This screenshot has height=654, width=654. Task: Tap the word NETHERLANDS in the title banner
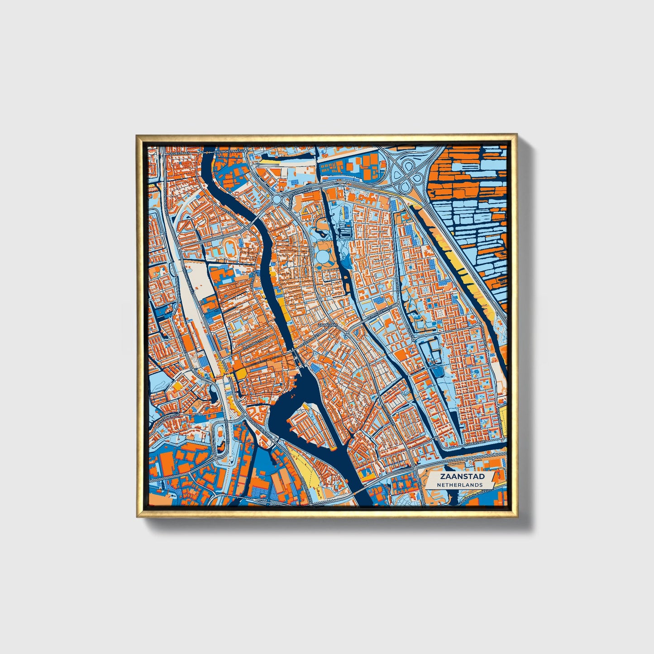[459, 485]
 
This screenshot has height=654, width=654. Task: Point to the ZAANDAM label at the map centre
[327, 325]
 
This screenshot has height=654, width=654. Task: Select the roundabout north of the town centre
[277, 199]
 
